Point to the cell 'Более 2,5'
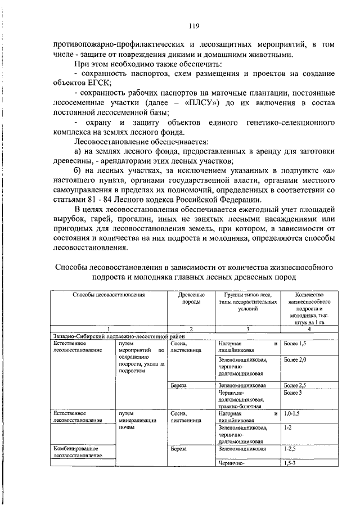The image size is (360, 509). [x=295, y=385]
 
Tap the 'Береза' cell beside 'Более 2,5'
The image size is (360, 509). [x=179, y=385]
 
